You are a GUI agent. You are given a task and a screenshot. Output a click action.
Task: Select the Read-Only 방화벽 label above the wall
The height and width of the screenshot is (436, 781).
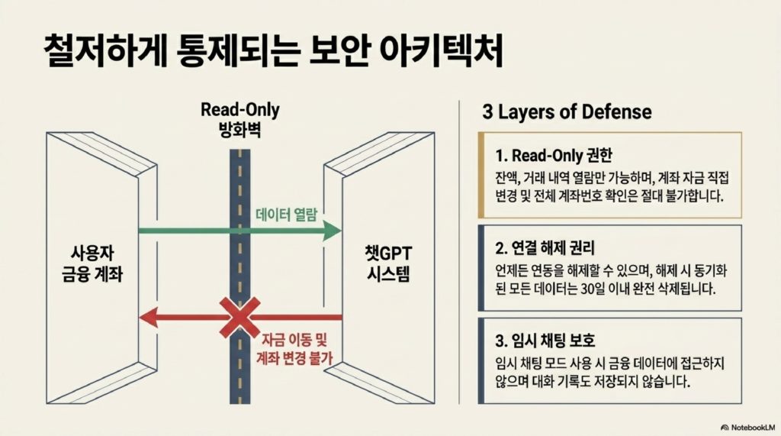coord(240,120)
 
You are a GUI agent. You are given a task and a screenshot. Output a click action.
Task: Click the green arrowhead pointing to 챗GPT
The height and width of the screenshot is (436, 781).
coord(331,231)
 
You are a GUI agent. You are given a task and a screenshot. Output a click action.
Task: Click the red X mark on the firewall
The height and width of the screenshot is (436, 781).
coord(240,318)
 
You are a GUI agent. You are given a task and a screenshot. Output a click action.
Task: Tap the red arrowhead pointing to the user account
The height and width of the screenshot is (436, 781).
coord(149,318)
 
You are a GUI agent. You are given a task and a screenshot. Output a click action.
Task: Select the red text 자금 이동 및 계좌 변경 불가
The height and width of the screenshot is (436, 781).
coord(294,349)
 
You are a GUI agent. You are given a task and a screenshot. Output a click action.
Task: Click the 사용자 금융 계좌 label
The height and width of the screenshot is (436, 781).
coord(92,263)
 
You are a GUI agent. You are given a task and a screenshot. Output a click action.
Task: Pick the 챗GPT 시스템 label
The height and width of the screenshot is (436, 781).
coord(389,263)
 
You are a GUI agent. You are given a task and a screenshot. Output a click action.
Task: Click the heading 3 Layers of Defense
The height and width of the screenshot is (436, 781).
coord(567,111)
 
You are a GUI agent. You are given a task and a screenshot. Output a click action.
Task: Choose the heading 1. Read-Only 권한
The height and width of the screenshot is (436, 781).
coord(554,155)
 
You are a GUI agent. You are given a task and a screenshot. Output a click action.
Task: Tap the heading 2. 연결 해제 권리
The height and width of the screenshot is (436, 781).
coord(545,248)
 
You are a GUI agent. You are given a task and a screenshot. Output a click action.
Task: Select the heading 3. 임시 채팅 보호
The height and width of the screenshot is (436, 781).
coord(545,341)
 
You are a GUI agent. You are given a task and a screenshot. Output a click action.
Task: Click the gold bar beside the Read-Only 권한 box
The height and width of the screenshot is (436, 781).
coord(481,175)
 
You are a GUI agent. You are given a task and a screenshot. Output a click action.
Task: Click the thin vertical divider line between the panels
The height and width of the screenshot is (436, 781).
coord(458,253)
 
